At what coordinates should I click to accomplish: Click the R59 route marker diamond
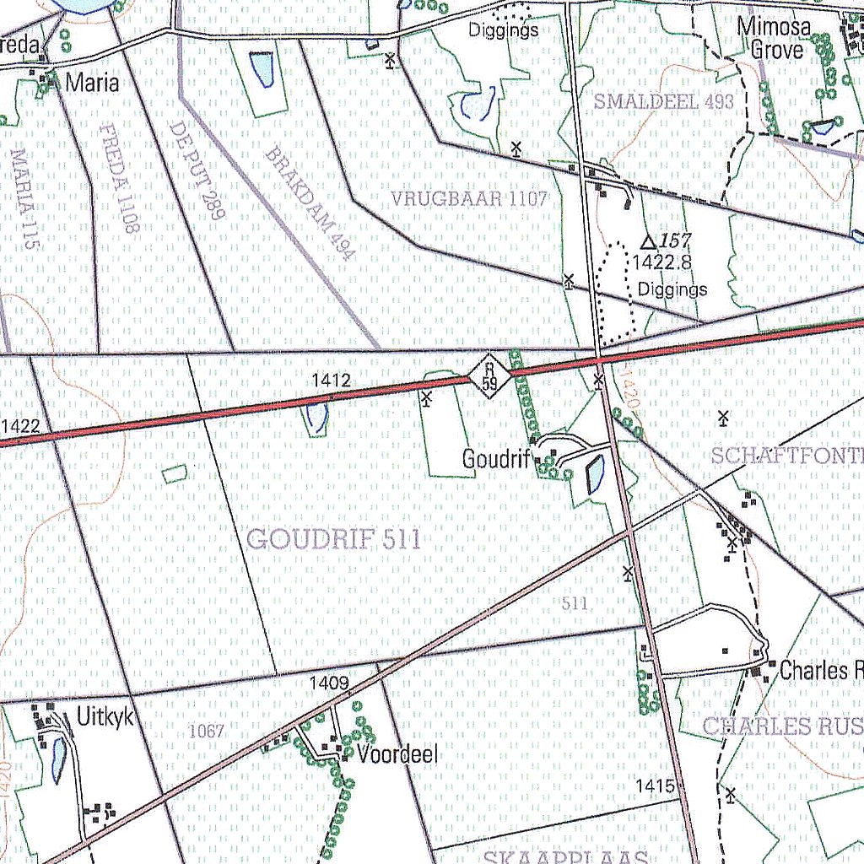pos(489,375)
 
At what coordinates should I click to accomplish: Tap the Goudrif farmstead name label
pos(494,459)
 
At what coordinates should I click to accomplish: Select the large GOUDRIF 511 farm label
pos(334,538)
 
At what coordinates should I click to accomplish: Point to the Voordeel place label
pos(397,754)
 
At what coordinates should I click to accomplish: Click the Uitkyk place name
pos(105,717)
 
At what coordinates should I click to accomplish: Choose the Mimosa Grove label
pos(775,39)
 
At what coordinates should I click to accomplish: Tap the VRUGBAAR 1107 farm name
pos(469,200)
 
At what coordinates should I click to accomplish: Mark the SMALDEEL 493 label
pos(664,102)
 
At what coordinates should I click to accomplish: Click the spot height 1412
pos(330,381)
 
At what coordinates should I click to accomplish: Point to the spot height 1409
pos(329,682)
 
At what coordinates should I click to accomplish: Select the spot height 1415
pos(655,786)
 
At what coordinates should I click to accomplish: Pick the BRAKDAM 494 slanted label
pos(307,203)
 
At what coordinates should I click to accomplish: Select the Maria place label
pos(92,83)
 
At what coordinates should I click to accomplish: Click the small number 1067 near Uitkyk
pos(206,731)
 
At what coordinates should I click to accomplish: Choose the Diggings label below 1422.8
pos(672,289)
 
